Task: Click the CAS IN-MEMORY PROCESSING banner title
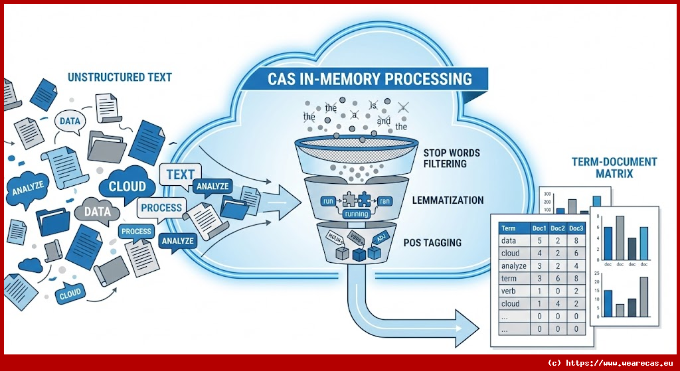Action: click(370, 79)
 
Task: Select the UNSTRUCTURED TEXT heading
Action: click(120, 77)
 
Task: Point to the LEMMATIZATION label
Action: click(448, 200)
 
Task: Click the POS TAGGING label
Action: click(432, 243)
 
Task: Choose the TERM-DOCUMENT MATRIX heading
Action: click(614, 167)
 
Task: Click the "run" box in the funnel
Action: click(326, 200)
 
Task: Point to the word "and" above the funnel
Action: click(383, 121)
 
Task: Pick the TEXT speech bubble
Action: click(181, 175)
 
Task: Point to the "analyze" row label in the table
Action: click(513, 265)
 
